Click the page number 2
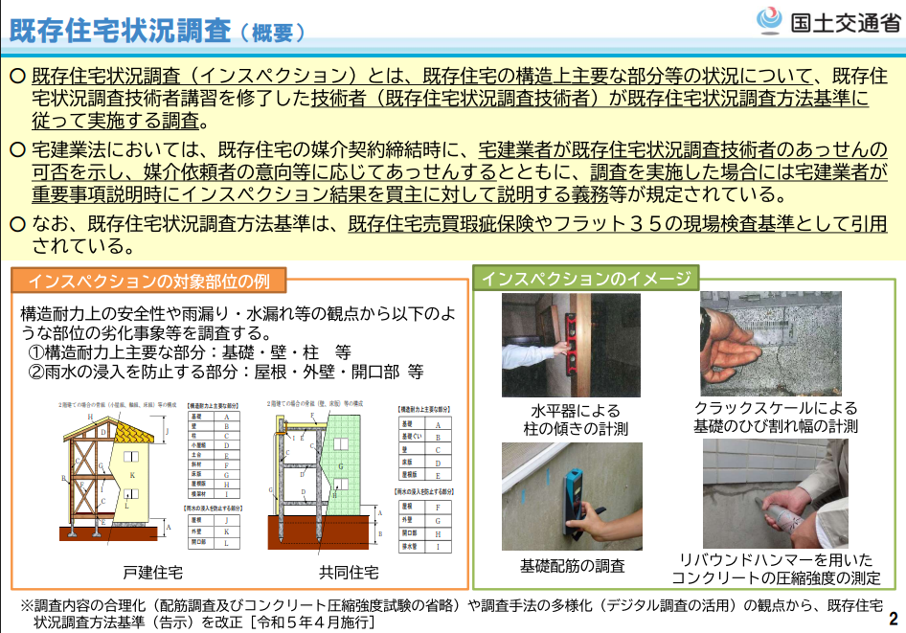pos(894,618)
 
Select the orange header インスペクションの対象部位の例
pos(148,282)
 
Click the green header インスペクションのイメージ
pos(585,280)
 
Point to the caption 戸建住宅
pos(152,573)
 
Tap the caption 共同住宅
pos(349,573)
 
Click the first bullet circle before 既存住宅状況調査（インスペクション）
pos(18,75)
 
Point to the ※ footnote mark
pos(27,605)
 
